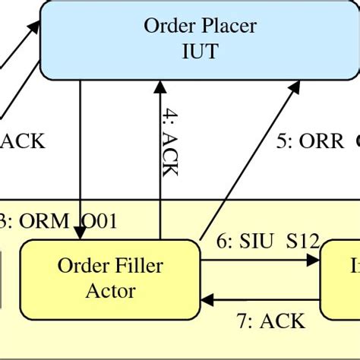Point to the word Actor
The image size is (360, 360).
(112, 290)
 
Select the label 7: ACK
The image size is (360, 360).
(271, 321)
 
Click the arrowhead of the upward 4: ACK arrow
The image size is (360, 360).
(159, 85)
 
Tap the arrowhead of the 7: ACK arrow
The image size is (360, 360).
(207, 298)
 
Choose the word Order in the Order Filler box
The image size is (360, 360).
(84, 267)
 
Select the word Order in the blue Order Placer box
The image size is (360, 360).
(169, 26)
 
